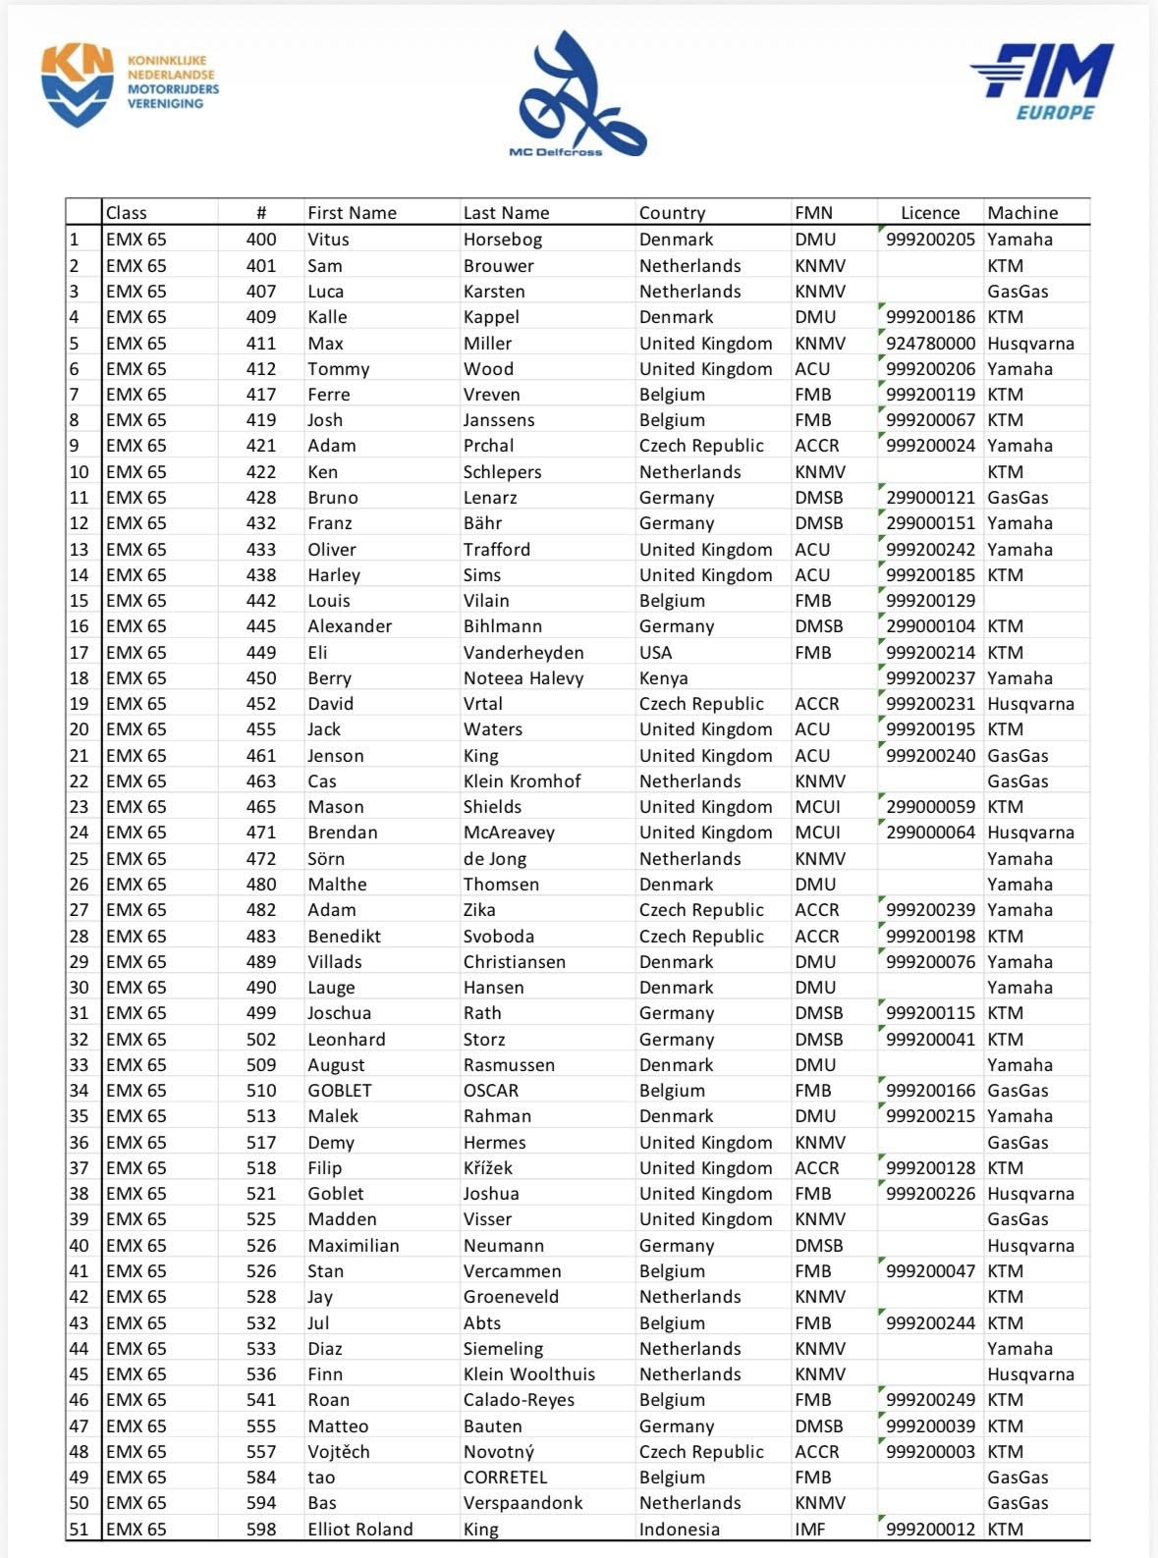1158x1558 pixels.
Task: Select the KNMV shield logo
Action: click(77, 86)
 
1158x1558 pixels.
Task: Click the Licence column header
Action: click(929, 213)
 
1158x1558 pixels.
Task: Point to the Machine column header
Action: click(1022, 213)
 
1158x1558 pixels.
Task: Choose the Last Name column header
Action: click(506, 213)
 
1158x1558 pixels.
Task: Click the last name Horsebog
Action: click(502, 240)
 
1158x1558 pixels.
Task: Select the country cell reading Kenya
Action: click(663, 678)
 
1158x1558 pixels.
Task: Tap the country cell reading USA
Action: click(655, 653)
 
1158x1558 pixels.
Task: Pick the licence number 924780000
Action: click(930, 344)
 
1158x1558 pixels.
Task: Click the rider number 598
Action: click(261, 1530)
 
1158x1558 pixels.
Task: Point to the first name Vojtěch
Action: click(338, 1452)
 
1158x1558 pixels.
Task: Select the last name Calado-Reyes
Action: click(519, 1400)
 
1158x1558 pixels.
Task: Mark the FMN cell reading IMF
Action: click(810, 1530)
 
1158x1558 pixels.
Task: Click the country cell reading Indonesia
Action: click(679, 1530)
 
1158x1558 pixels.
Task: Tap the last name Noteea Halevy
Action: click(523, 678)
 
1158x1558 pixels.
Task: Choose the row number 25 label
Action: click(79, 859)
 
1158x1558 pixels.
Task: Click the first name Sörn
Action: click(326, 859)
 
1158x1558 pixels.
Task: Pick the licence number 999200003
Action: click(930, 1452)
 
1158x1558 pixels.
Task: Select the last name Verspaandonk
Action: click(523, 1503)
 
